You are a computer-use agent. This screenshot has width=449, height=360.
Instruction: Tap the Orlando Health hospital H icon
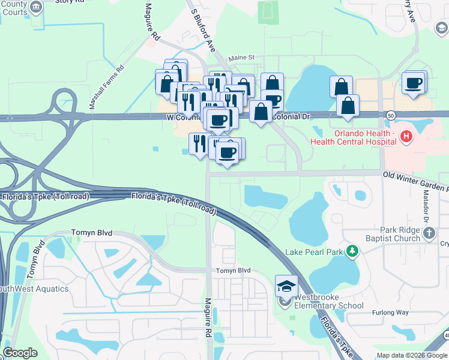(406, 137)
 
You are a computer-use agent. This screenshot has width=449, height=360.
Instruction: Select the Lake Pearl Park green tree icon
(354, 251)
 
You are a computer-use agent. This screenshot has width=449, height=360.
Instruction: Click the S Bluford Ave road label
(203, 29)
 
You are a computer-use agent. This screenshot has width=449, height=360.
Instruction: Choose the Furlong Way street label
(390, 312)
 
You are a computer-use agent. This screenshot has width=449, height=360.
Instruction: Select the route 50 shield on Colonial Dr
(391, 115)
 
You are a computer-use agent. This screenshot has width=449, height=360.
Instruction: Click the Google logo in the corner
(20, 353)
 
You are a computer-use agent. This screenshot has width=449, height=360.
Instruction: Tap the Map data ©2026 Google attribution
(411, 355)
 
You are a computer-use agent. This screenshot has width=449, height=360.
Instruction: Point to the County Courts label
(14, 8)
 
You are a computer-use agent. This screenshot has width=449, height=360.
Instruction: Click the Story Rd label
(71, 2)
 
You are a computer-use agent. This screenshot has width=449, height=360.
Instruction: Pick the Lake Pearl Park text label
(315, 251)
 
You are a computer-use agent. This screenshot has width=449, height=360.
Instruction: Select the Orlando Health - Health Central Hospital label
(353, 137)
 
